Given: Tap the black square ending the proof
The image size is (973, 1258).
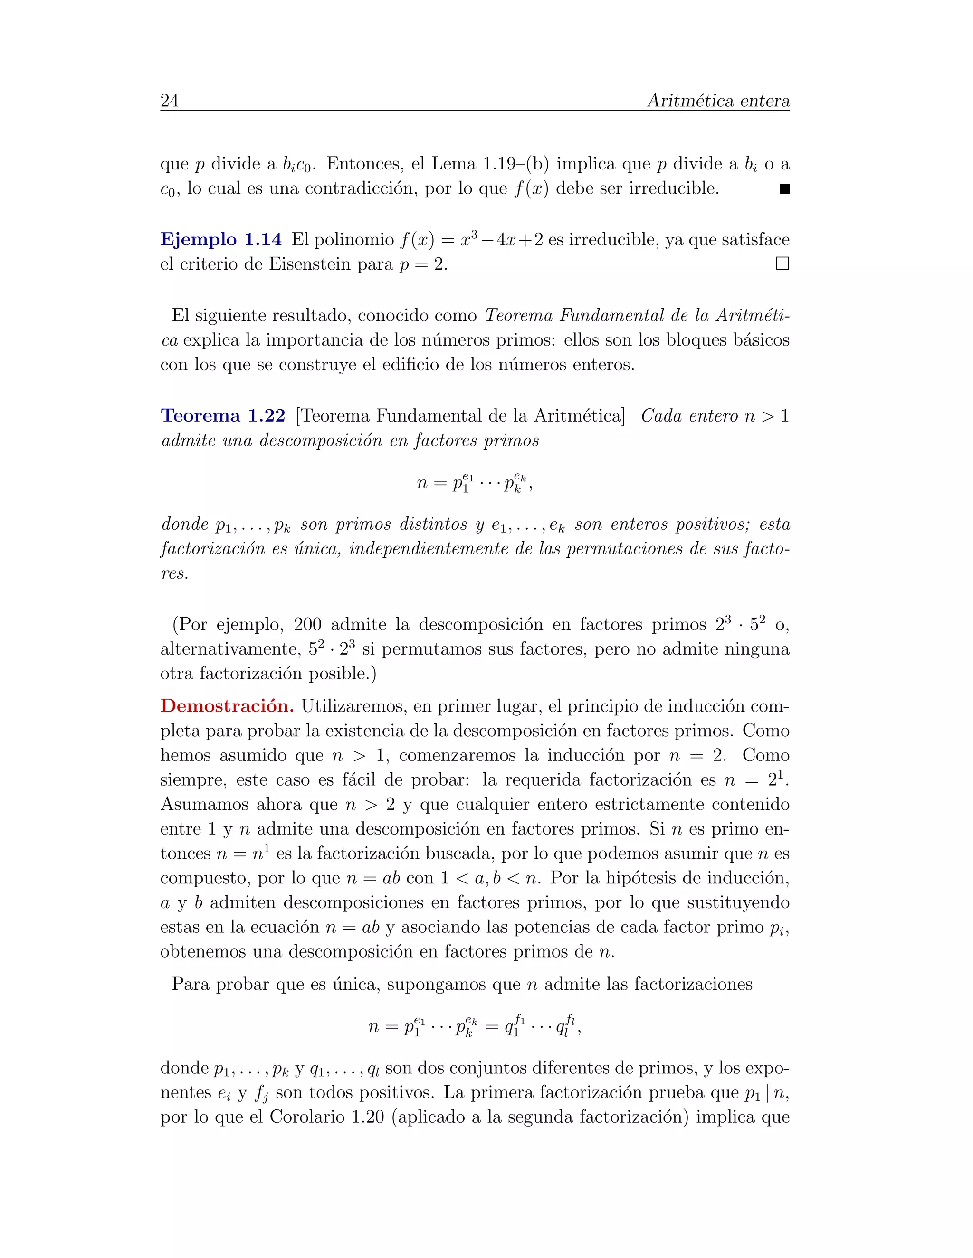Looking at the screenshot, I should pos(784,189).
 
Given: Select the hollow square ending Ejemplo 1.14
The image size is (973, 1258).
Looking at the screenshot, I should pos(782,264).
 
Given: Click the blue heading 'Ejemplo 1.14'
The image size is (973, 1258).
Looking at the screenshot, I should pos(221,240).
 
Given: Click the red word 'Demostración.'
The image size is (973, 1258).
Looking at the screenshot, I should pos(227,706).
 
